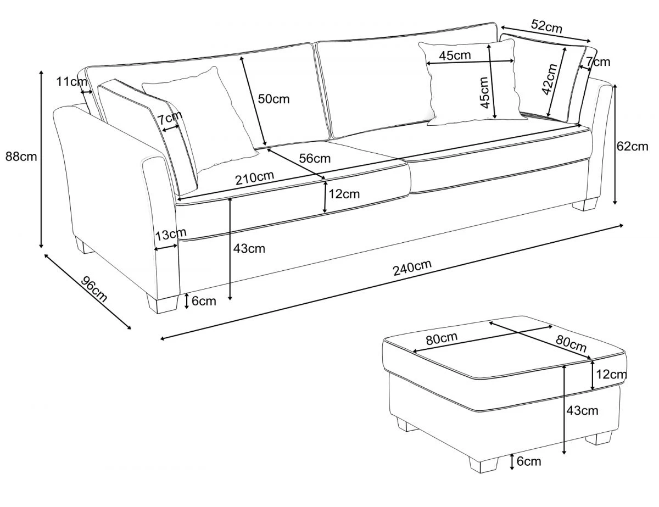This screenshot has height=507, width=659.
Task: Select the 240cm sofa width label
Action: click(412, 268)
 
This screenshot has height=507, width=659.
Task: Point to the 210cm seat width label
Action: click(254, 179)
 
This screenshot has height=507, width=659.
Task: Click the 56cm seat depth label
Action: click(315, 159)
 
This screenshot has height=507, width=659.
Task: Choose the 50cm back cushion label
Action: click(273, 99)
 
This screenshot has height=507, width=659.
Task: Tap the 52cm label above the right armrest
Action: click(546, 25)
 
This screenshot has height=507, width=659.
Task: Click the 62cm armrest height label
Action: click(632, 146)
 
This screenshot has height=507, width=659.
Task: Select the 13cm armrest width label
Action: click(170, 236)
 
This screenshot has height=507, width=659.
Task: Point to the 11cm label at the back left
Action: click(71, 82)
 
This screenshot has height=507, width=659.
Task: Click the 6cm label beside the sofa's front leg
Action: click(204, 301)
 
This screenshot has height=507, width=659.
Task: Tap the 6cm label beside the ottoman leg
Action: click(529, 461)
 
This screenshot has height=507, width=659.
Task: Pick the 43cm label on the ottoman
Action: click(582, 410)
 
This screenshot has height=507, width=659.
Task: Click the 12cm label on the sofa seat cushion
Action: click(344, 194)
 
